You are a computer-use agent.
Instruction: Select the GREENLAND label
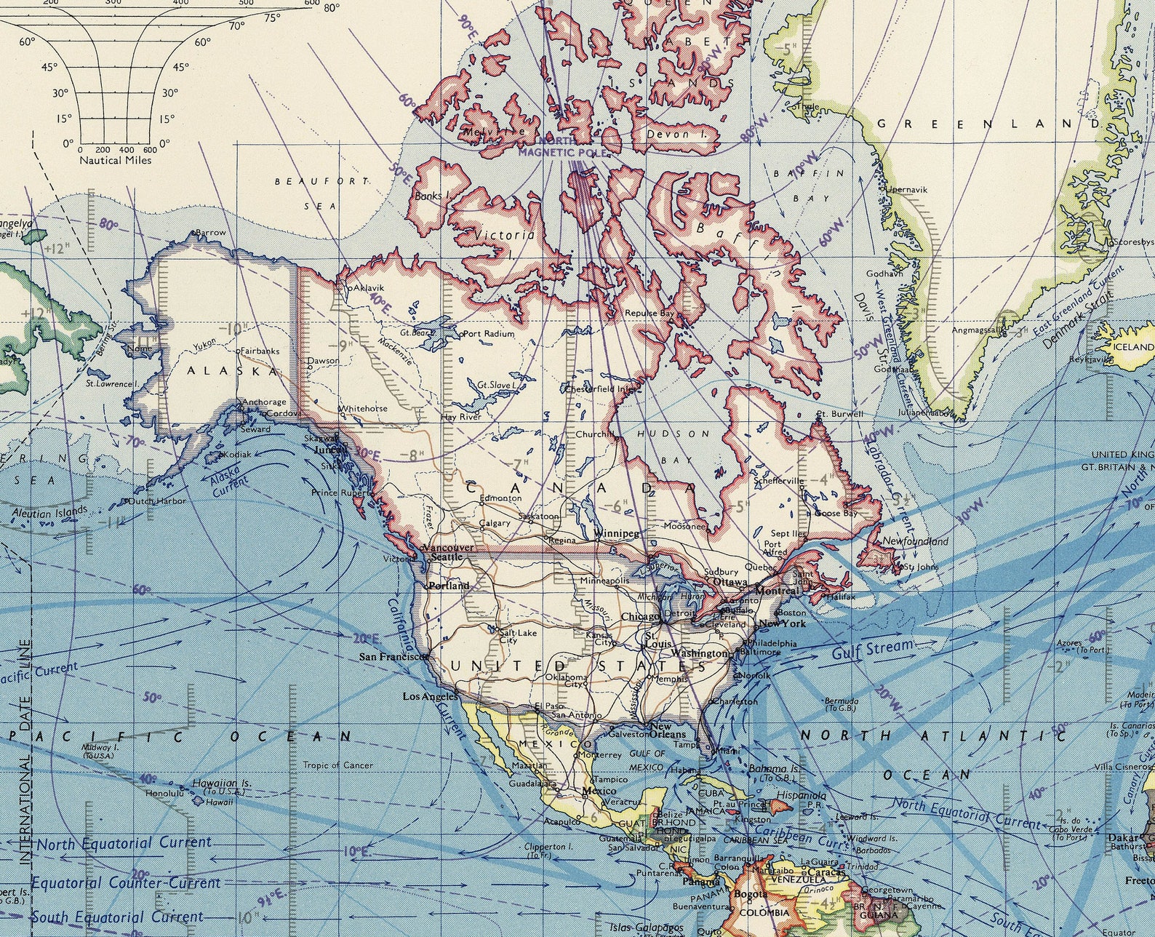click(x=988, y=124)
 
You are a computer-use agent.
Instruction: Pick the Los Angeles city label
click(x=431, y=696)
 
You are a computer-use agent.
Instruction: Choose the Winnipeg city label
click(x=617, y=533)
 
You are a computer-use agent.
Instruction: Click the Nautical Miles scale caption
click(x=116, y=159)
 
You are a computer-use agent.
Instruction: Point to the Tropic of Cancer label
click(x=337, y=765)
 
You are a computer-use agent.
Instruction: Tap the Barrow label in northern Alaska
click(x=211, y=233)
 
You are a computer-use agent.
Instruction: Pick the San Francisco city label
click(x=392, y=656)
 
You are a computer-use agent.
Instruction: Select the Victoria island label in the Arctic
click(x=504, y=236)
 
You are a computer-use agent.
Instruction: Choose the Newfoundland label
click(x=915, y=541)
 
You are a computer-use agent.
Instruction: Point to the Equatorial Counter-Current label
click(x=125, y=883)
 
